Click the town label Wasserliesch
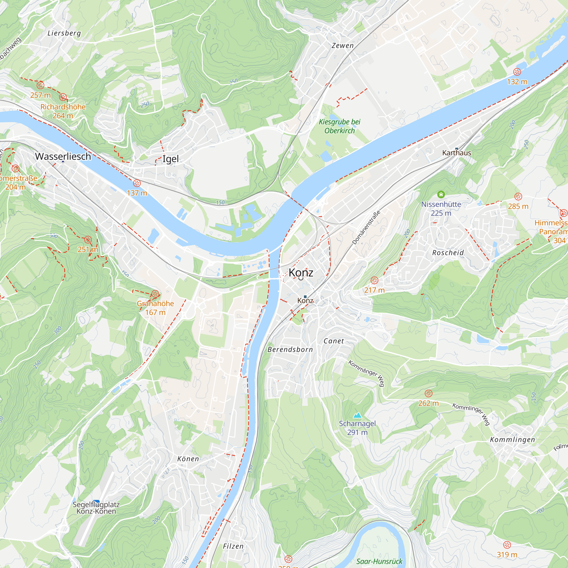(x=63, y=156)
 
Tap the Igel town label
(x=170, y=159)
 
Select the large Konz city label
(x=301, y=273)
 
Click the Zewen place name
(x=343, y=45)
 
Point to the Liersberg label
(x=64, y=33)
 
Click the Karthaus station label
(x=457, y=153)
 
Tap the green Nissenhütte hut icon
(x=441, y=194)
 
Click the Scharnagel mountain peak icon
(x=357, y=415)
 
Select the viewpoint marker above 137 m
(x=137, y=183)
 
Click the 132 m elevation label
(x=517, y=82)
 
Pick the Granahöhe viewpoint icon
(x=155, y=294)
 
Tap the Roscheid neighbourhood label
(x=448, y=253)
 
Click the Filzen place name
(x=233, y=546)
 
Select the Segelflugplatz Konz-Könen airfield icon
(x=96, y=502)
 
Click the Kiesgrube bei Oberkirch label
(x=340, y=126)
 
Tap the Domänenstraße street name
(x=366, y=227)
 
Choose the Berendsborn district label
(x=290, y=350)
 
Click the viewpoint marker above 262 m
(x=429, y=393)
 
